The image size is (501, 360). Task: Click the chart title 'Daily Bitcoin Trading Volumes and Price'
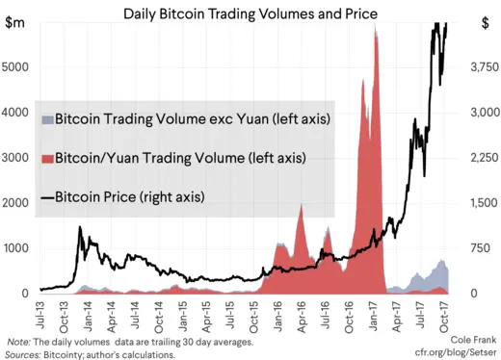coord(250,13)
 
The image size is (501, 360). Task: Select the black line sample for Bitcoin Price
coord(46,198)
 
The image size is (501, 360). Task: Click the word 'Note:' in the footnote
coord(18,342)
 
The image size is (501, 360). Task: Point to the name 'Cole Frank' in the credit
coord(472,341)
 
